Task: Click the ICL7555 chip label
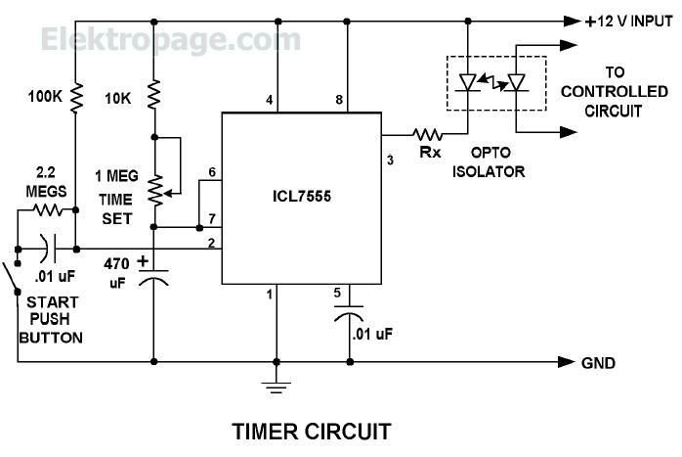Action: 301,196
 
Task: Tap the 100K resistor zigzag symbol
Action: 75,98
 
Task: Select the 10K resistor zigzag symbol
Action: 154,95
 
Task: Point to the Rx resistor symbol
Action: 428,134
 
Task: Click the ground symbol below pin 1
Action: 277,388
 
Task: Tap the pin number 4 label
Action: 270,100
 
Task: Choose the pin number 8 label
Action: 339,100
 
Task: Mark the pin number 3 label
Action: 390,160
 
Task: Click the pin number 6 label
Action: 212,172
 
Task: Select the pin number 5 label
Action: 337,293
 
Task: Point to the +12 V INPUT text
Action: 629,21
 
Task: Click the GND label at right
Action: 598,363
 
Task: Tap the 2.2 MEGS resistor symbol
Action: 48,210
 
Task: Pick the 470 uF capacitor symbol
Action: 153,277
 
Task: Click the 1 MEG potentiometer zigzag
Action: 155,191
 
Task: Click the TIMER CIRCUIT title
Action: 312,432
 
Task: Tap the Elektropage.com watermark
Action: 171,40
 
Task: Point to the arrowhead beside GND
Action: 567,362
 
